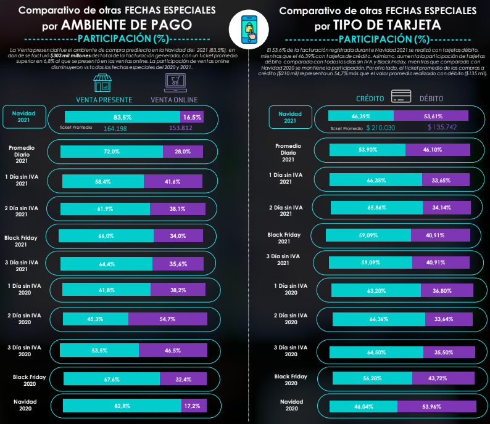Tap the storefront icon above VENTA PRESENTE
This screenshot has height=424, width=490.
[x=104, y=83]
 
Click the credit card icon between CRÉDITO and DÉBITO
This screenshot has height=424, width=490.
[x=402, y=97]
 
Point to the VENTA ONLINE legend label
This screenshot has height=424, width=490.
[x=174, y=100]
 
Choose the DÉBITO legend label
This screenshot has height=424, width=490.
[x=431, y=99]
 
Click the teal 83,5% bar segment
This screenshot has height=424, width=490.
[x=122, y=116]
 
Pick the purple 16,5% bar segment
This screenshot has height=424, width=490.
[x=191, y=116]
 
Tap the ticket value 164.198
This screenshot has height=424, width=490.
[x=115, y=128]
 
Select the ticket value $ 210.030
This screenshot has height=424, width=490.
[x=380, y=128]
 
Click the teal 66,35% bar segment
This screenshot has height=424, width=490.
[x=376, y=180]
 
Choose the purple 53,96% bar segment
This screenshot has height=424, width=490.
[x=436, y=407]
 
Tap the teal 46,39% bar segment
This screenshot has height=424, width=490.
[x=360, y=115]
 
